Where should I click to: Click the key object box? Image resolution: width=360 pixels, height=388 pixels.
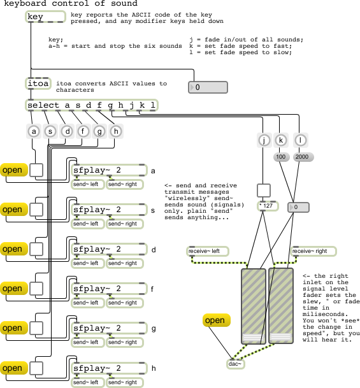pos(45,17)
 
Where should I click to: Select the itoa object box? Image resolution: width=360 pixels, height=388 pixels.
pos(38,83)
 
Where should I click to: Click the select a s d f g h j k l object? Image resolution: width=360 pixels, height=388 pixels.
pos(92,105)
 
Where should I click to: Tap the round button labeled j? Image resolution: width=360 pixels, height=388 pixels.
pos(264,140)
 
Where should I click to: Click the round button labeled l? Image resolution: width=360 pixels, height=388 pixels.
pos(300,140)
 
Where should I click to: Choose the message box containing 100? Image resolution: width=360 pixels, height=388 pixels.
pos(281,157)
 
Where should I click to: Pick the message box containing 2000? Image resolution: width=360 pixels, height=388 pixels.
pos(303,157)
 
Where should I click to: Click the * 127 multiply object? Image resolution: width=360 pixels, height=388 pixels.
pos(268,206)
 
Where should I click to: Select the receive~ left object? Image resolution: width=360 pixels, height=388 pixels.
pos(207,251)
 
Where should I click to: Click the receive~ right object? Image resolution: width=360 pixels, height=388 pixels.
pos(313,251)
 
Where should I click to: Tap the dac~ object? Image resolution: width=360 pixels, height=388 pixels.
pos(236,364)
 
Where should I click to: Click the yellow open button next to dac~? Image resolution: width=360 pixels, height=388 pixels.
pos(217,320)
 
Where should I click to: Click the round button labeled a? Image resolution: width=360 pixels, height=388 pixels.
pos(34,131)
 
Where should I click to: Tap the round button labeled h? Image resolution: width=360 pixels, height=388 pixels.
pos(116,131)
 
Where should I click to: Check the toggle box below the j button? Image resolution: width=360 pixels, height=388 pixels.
pos(264,190)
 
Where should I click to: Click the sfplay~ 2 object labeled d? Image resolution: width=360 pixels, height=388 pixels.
pos(109,249)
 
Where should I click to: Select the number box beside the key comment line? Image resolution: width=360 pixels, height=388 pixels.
pos(208,87)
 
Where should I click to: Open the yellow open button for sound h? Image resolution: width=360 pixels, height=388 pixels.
pos(14,368)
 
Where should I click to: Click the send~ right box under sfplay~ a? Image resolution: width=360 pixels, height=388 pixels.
pos(125,184)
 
